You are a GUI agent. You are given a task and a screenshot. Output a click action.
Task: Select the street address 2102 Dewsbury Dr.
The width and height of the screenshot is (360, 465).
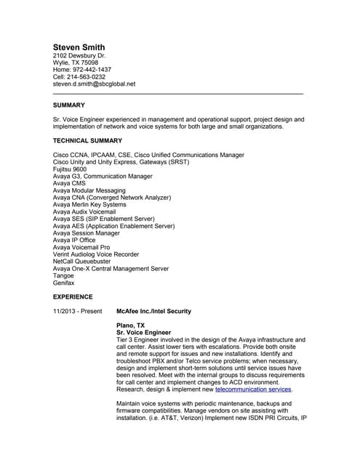tap(79, 55)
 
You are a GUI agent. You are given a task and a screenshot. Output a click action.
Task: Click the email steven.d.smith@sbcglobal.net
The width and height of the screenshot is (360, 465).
tap(95, 84)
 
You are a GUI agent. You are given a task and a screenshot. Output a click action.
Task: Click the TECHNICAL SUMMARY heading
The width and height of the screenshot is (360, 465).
tap(87, 140)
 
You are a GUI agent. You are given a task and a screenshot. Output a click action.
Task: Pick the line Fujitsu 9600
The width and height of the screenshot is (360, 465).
tap(70, 169)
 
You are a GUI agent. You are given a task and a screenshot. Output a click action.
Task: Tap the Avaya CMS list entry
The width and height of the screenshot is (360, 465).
tap(69, 183)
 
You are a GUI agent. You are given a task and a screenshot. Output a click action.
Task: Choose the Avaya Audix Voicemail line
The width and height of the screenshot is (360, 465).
tap(84, 211)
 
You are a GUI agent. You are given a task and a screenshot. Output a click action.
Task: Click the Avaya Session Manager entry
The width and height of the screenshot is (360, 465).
tap(87, 233)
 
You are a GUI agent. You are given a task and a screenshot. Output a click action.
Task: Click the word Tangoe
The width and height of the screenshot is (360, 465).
tap(63, 276)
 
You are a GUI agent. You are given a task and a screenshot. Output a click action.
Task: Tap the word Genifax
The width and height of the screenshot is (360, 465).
tap(64, 283)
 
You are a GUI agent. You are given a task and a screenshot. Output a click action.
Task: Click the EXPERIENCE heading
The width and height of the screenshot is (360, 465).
tap(73, 297)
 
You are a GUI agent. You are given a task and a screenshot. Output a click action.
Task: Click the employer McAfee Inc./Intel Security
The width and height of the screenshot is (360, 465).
tap(153, 311)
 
